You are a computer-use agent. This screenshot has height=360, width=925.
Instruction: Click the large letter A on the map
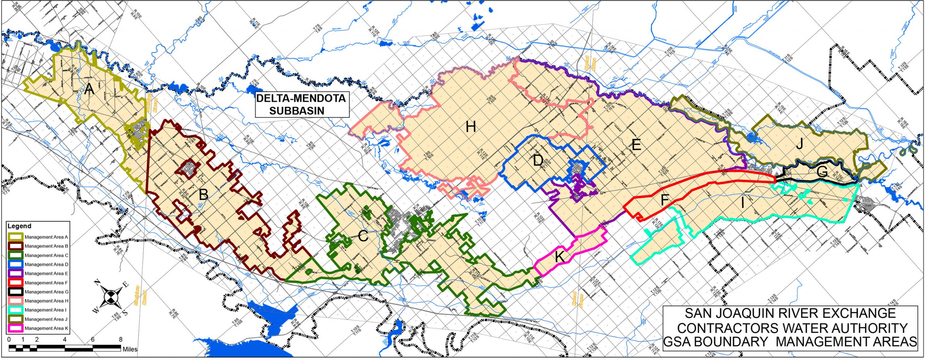coord(89,89)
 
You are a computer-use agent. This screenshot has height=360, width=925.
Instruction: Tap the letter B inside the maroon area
coord(203,195)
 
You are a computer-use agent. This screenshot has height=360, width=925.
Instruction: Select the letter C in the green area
coord(363,237)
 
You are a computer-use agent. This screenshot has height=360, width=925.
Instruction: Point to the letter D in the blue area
coord(538,160)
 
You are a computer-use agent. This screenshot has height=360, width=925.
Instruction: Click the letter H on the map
coord(470,127)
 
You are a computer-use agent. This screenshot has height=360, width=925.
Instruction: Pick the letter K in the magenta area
coord(559,257)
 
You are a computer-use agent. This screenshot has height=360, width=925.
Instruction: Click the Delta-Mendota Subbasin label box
coord(301,104)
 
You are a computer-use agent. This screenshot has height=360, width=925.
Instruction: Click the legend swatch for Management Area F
coord(15,283)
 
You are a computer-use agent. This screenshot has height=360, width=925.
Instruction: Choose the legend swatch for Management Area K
coord(15,328)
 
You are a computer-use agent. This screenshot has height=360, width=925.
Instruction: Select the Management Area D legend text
coord(46,264)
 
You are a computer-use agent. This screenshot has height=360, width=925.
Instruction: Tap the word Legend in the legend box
coord(20,226)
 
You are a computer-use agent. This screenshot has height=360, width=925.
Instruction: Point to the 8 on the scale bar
coord(121,340)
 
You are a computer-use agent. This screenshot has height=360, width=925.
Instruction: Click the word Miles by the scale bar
coord(130,349)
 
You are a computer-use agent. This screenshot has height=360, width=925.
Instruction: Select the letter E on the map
coord(636,145)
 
